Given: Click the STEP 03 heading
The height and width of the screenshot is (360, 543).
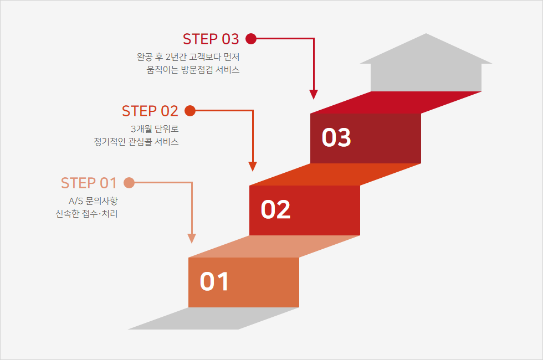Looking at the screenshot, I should (211, 39).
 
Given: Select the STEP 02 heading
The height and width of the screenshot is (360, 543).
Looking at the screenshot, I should (150, 111).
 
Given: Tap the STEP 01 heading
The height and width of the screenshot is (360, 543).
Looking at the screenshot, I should (89, 183).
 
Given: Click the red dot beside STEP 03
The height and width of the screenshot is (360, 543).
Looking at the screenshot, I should (250, 38).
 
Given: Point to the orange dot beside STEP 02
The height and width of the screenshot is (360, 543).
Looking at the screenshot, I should (189, 110).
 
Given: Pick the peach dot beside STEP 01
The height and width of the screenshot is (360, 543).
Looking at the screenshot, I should (129, 182).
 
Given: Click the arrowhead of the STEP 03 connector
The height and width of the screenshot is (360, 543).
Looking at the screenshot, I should (314, 94).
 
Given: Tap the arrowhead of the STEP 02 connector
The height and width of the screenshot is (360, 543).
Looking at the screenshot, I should (253, 166).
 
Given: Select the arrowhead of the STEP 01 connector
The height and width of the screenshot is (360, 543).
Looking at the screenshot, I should (192, 238).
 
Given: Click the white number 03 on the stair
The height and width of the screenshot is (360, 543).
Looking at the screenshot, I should (336, 138).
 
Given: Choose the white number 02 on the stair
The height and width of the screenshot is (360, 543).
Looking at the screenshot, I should (275, 209).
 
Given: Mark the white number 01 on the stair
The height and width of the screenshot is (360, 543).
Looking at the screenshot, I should (214, 281).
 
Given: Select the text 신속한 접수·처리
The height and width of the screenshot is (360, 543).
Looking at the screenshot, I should (87, 214).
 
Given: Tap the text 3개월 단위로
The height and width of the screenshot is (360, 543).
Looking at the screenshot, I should (155, 128).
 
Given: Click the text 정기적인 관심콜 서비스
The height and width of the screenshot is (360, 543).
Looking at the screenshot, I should (137, 142).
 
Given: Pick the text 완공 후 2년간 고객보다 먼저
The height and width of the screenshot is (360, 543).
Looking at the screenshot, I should (188, 56).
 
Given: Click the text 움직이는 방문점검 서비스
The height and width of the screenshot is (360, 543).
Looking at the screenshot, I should (193, 70).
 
